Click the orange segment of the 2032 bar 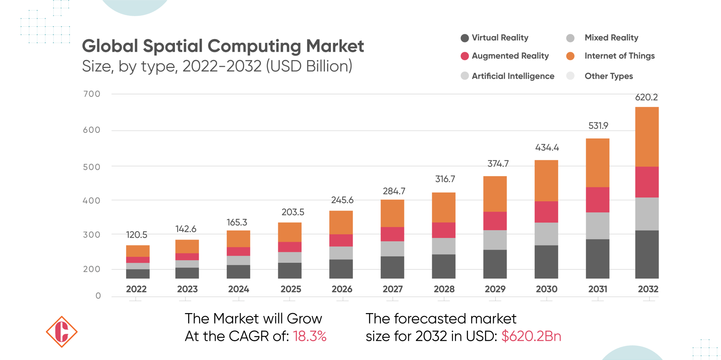647,137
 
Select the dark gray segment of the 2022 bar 137,274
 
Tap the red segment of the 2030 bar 546,212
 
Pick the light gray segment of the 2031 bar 597,226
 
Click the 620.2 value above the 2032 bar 646,98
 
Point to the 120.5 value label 136,235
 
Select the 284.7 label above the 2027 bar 394,191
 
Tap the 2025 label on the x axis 291,289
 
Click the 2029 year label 495,289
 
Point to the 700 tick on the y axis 92,94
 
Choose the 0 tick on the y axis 98,296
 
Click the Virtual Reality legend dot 465,38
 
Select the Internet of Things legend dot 570,56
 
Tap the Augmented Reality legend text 510,56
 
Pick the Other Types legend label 608,76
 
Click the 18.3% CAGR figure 309,336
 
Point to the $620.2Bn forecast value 531,336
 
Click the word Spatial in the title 173,46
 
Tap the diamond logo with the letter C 62,332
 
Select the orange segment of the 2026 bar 341,222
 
